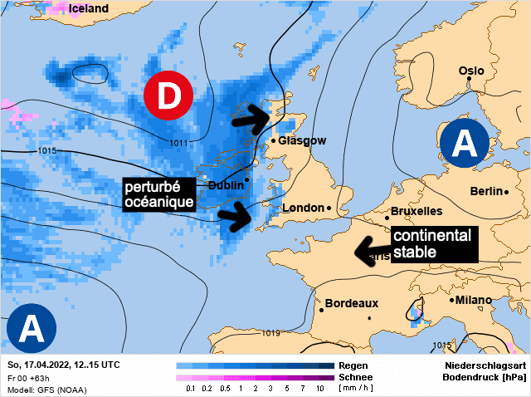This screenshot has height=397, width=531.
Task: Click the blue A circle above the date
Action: (31, 328)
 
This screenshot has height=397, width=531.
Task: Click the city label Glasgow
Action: (302, 141)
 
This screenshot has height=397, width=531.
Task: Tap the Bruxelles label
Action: (417, 211)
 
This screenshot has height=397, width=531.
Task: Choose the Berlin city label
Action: (486, 191)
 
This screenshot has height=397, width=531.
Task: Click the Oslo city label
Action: (471, 71)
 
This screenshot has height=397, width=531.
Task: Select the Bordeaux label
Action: (351, 304)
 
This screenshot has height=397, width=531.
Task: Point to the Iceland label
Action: (89, 8)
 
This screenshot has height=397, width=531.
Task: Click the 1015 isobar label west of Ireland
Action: (46, 150)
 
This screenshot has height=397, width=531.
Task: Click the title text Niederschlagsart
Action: (485, 365)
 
